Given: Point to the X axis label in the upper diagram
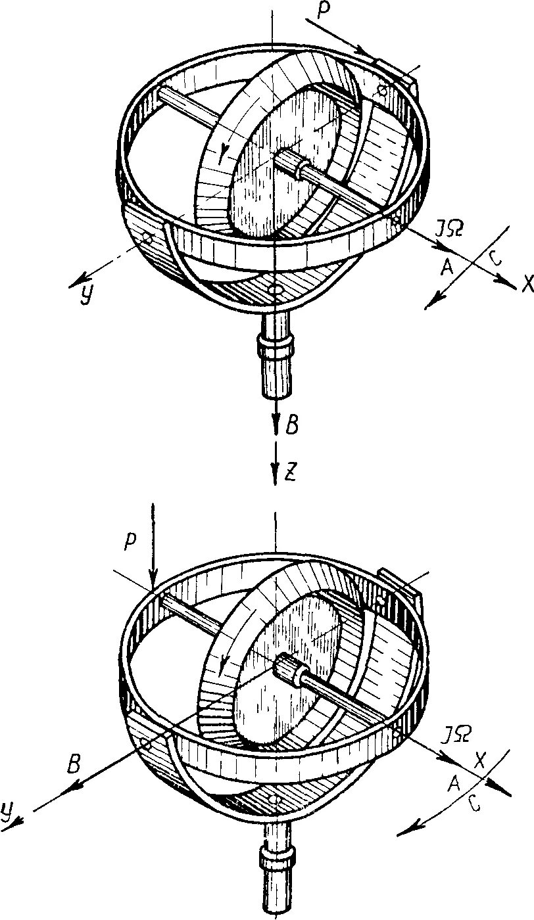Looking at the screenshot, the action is tap(526, 283).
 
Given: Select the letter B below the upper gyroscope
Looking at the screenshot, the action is tap(293, 425).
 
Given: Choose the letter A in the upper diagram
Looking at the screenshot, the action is tap(448, 266).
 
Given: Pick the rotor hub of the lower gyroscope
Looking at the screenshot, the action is tap(292, 671).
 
